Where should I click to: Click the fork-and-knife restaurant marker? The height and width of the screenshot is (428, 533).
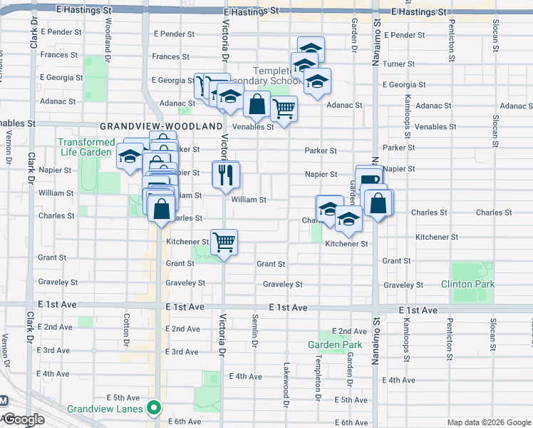[x=226, y=175]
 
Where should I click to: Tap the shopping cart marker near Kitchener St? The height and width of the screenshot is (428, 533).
[x=224, y=243]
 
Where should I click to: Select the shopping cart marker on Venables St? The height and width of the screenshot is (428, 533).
[x=284, y=110]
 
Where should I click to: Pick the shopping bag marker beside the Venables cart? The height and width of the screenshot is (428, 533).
[x=257, y=105]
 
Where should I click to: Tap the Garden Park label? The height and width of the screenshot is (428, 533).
[x=335, y=345]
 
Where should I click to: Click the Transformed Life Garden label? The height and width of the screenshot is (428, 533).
[x=86, y=147]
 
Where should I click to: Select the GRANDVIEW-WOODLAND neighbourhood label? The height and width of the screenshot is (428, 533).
[x=161, y=126]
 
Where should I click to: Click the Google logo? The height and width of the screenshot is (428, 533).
[x=23, y=420]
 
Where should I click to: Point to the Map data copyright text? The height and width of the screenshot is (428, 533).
[x=489, y=422]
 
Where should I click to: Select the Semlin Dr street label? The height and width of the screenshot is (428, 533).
[x=254, y=332]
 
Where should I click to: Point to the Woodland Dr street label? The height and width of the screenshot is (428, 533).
[x=107, y=29]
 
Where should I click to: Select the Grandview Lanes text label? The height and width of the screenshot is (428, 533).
[x=105, y=409]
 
